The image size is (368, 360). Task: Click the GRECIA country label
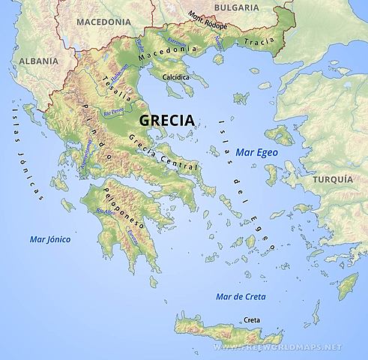pyautogui.click(x=165, y=120)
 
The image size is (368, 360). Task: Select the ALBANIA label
pyautogui.click(x=20, y=60)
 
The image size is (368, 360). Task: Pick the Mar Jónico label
pyautogui.click(x=49, y=240)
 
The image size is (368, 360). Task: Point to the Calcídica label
pyautogui.click(x=172, y=76)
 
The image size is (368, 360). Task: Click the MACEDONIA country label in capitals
pyautogui.click(x=101, y=22)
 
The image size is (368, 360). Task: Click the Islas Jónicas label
pyautogui.click(x=25, y=150)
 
